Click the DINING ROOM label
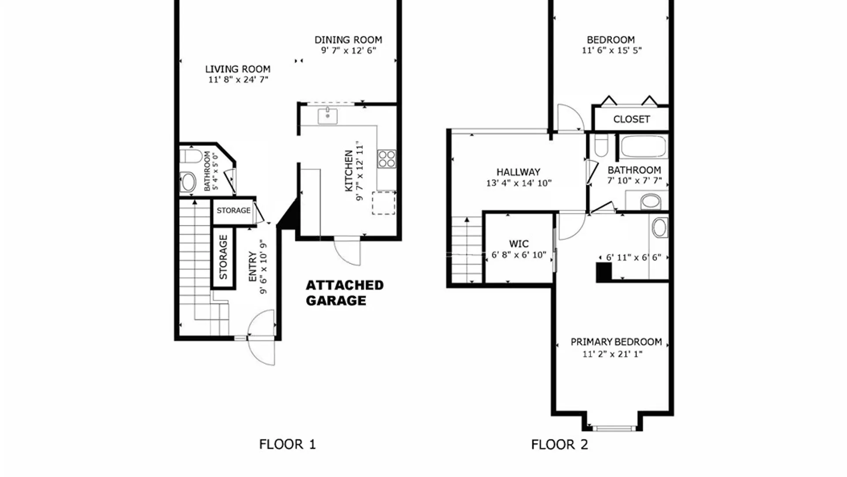tap(348, 40)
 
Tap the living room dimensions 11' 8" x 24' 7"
tap(238, 80)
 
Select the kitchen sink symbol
tap(328, 116)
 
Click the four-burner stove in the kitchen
tap(386, 159)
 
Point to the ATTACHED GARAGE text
tap(345, 293)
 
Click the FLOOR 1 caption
tap(287, 444)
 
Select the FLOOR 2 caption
tap(559, 444)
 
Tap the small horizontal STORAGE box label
tap(233, 211)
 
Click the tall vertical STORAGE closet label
tap(223, 257)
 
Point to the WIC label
tap(519, 244)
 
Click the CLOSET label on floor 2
tap(631, 119)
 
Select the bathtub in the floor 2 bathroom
tap(643, 146)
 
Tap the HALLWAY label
tap(518, 172)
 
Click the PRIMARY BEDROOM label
tap(616, 342)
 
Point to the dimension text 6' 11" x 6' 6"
tap(633, 257)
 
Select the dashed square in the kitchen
tap(383, 203)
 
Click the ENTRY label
tap(252, 266)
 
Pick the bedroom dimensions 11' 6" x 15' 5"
tap(611, 51)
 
